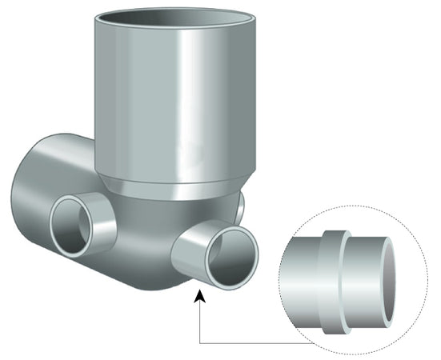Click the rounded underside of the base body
tap(136, 276)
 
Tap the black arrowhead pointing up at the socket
tap(198, 298)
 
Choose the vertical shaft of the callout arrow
tap(198, 320)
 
